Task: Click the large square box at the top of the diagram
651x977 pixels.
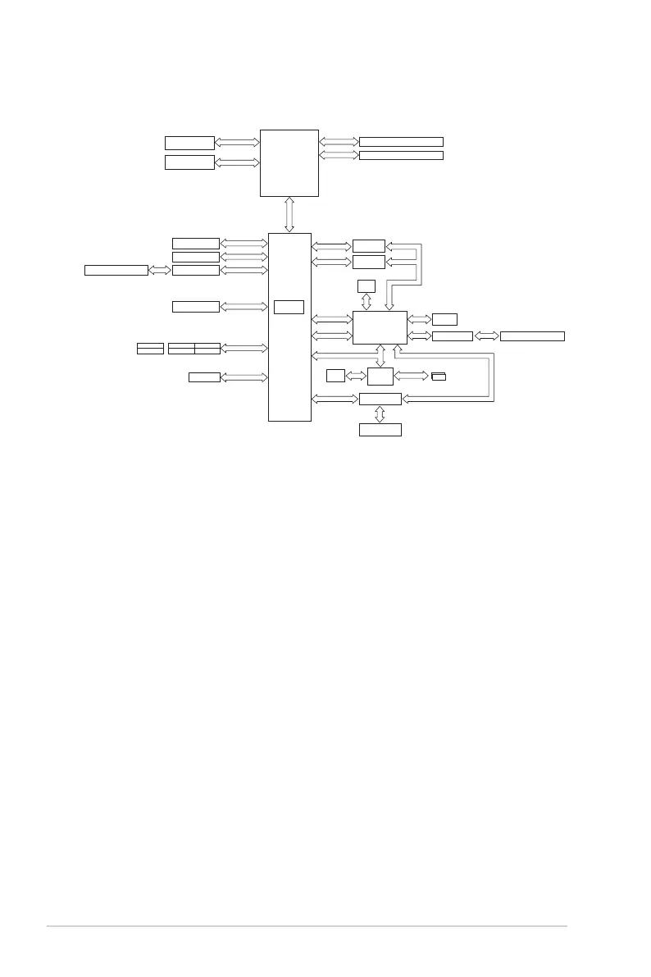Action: [289, 162]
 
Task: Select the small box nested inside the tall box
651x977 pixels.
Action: [289, 307]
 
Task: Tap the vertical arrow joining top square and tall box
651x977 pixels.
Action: [289, 215]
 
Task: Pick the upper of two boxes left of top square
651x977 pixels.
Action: [189, 143]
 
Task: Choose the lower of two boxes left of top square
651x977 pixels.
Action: [189, 162]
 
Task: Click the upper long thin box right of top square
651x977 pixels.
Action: [401, 142]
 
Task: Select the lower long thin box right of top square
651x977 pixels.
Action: [401, 155]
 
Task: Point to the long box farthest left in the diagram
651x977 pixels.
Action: [116, 270]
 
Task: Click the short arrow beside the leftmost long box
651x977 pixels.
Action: [160, 270]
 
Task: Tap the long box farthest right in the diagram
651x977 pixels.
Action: [532, 336]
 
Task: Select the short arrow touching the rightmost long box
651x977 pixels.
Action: [486, 336]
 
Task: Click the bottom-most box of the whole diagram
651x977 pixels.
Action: [380, 430]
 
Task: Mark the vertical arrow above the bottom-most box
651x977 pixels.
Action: [380, 414]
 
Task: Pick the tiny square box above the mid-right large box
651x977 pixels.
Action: [366, 285]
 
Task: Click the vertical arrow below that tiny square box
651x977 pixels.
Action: [366, 301]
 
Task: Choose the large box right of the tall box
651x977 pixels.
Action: [380, 327]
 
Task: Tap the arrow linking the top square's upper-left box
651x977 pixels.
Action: [237, 143]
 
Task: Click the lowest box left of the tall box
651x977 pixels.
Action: [204, 377]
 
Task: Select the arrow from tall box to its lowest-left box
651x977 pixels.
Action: [244, 377]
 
